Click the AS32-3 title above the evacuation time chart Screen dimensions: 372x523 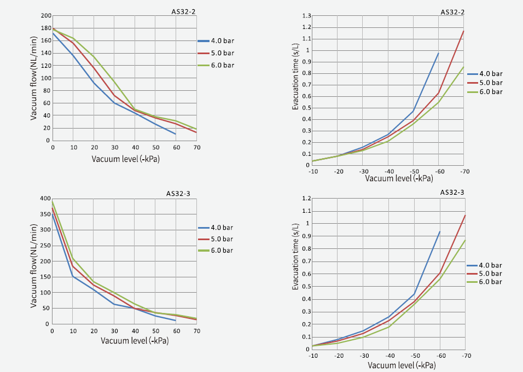tap(452, 193)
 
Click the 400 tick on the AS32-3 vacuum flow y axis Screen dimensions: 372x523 tap(45, 199)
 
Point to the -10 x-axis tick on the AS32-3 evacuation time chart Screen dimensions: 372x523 tap(312, 356)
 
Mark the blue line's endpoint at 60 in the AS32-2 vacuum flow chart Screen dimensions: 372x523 tap(176, 134)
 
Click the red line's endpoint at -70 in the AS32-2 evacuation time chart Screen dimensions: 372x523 tap(463, 31)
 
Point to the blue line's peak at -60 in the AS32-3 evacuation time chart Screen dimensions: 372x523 tap(440, 231)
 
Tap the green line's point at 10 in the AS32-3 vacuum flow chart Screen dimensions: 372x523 tap(73, 258)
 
